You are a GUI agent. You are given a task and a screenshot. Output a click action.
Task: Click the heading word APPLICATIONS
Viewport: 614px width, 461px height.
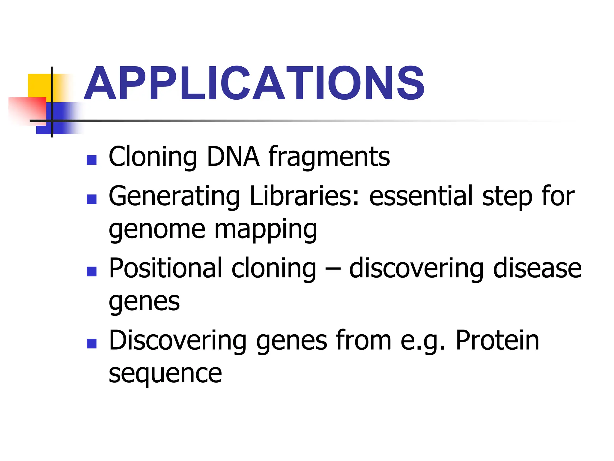(254, 83)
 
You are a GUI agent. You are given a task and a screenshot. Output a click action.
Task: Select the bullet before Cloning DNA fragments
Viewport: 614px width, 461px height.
(91, 160)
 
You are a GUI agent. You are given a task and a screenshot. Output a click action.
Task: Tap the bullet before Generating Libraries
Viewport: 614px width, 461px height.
(91, 199)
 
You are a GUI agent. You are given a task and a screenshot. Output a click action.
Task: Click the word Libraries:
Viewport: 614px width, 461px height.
(304, 196)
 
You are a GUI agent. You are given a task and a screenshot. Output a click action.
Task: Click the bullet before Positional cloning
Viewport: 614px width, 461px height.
(91, 271)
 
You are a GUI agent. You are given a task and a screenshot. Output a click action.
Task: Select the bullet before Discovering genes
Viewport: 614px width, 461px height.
(91, 344)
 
